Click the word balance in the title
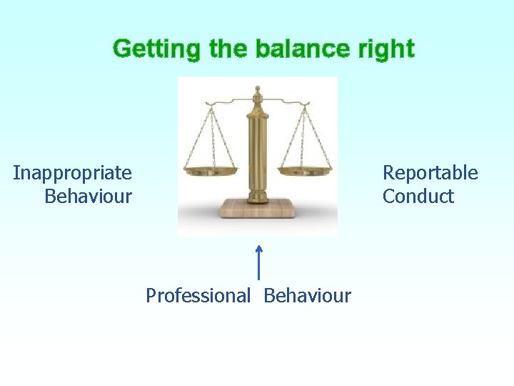pos(293,49)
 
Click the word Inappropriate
pos(72,173)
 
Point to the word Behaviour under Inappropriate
pos(88,196)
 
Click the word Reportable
pos(430,173)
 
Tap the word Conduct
pos(418,196)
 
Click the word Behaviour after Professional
pos(308,295)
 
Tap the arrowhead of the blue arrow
pos(258,248)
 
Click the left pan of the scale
pos(210,171)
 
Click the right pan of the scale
pos(305,171)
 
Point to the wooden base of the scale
pos(257,209)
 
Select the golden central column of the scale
pos(257,154)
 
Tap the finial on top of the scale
pos(257,91)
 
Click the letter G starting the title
pos(122,49)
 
